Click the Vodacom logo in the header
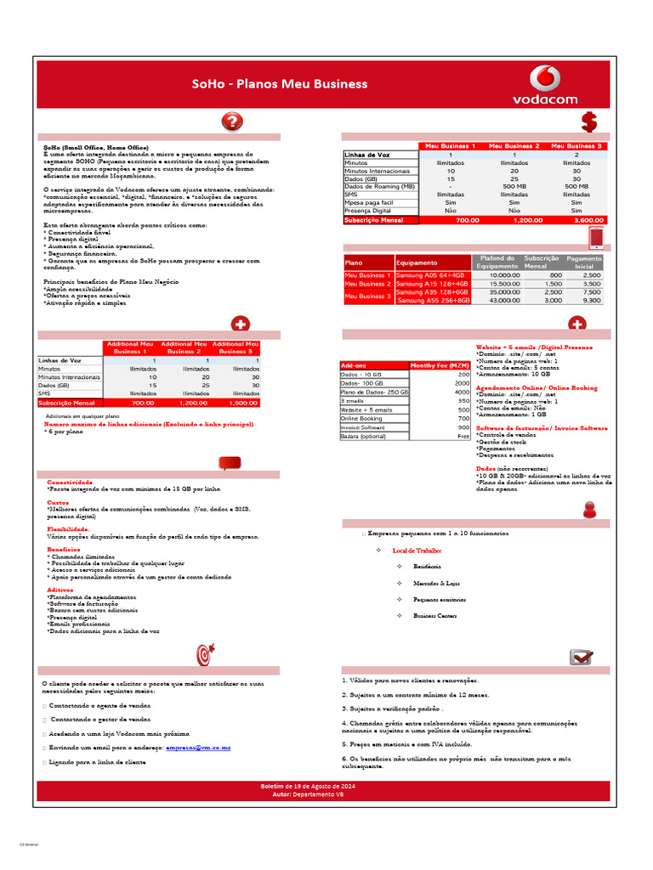[544, 84]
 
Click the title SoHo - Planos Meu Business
[279, 84]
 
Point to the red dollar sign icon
[588, 121]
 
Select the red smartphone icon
[596, 237]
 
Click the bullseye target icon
[205, 654]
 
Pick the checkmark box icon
[582, 657]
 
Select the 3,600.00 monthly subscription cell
[576, 220]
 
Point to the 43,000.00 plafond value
[504, 301]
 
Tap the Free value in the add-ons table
[463, 436]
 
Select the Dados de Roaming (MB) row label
[379, 186]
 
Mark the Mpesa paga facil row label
[369, 203]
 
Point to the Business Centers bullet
[434, 615]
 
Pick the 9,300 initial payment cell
[590, 301]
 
